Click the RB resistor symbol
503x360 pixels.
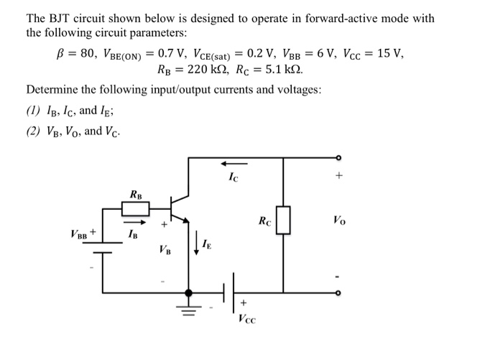click(135, 209)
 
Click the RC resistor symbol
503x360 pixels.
click(283, 220)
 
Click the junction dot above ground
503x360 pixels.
click(189, 292)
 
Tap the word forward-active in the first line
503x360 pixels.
click(334, 18)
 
